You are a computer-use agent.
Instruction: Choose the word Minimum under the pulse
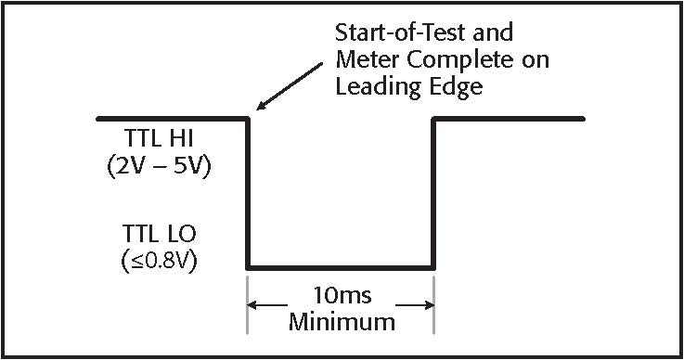click(x=341, y=323)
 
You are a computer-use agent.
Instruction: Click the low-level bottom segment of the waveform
click(x=341, y=268)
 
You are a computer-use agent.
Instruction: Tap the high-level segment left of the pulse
click(x=172, y=119)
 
